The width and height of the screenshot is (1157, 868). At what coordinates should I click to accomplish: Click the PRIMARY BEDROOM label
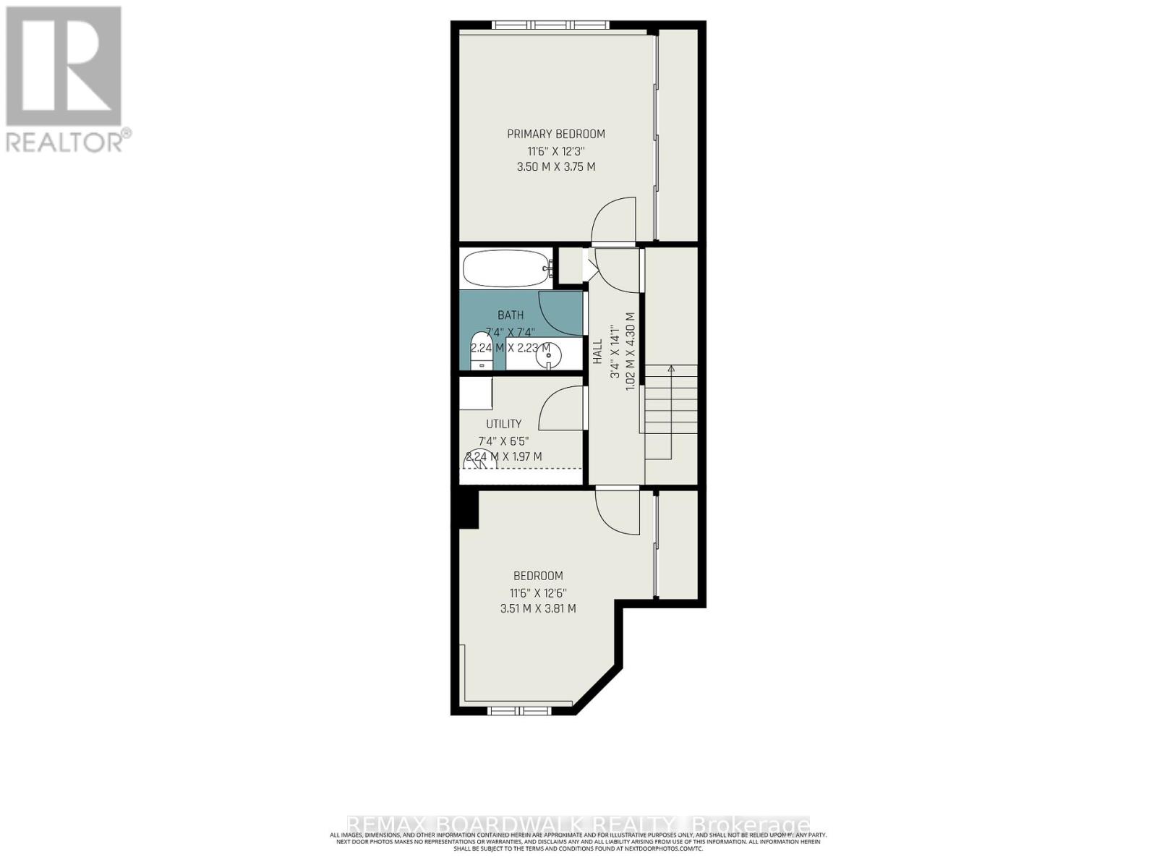[x=555, y=134]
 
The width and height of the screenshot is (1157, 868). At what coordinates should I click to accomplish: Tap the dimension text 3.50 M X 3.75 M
[x=555, y=167]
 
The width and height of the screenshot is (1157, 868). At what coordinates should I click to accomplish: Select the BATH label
[x=511, y=315]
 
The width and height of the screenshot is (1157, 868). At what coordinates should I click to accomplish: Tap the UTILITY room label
[x=503, y=424]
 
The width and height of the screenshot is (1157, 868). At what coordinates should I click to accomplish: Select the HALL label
[x=597, y=352]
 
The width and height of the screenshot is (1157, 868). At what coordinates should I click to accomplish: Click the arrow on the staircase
[x=671, y=370]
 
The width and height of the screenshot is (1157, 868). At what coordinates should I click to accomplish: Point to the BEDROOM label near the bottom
[x=538, y=576]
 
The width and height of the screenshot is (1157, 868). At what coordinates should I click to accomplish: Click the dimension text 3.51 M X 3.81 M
[x=538, y=609]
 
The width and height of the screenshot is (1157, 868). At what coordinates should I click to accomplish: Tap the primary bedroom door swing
[x=615, y=220]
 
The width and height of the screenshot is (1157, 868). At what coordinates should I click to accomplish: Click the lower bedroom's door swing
[x=619, y=512]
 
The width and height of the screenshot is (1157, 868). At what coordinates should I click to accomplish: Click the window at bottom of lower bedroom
[x=520, y=711]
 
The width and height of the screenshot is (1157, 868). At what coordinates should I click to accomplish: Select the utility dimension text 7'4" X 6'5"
[x=503, y=441]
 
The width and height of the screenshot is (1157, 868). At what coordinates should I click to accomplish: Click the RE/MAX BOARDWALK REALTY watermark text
[x=578, y=825]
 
